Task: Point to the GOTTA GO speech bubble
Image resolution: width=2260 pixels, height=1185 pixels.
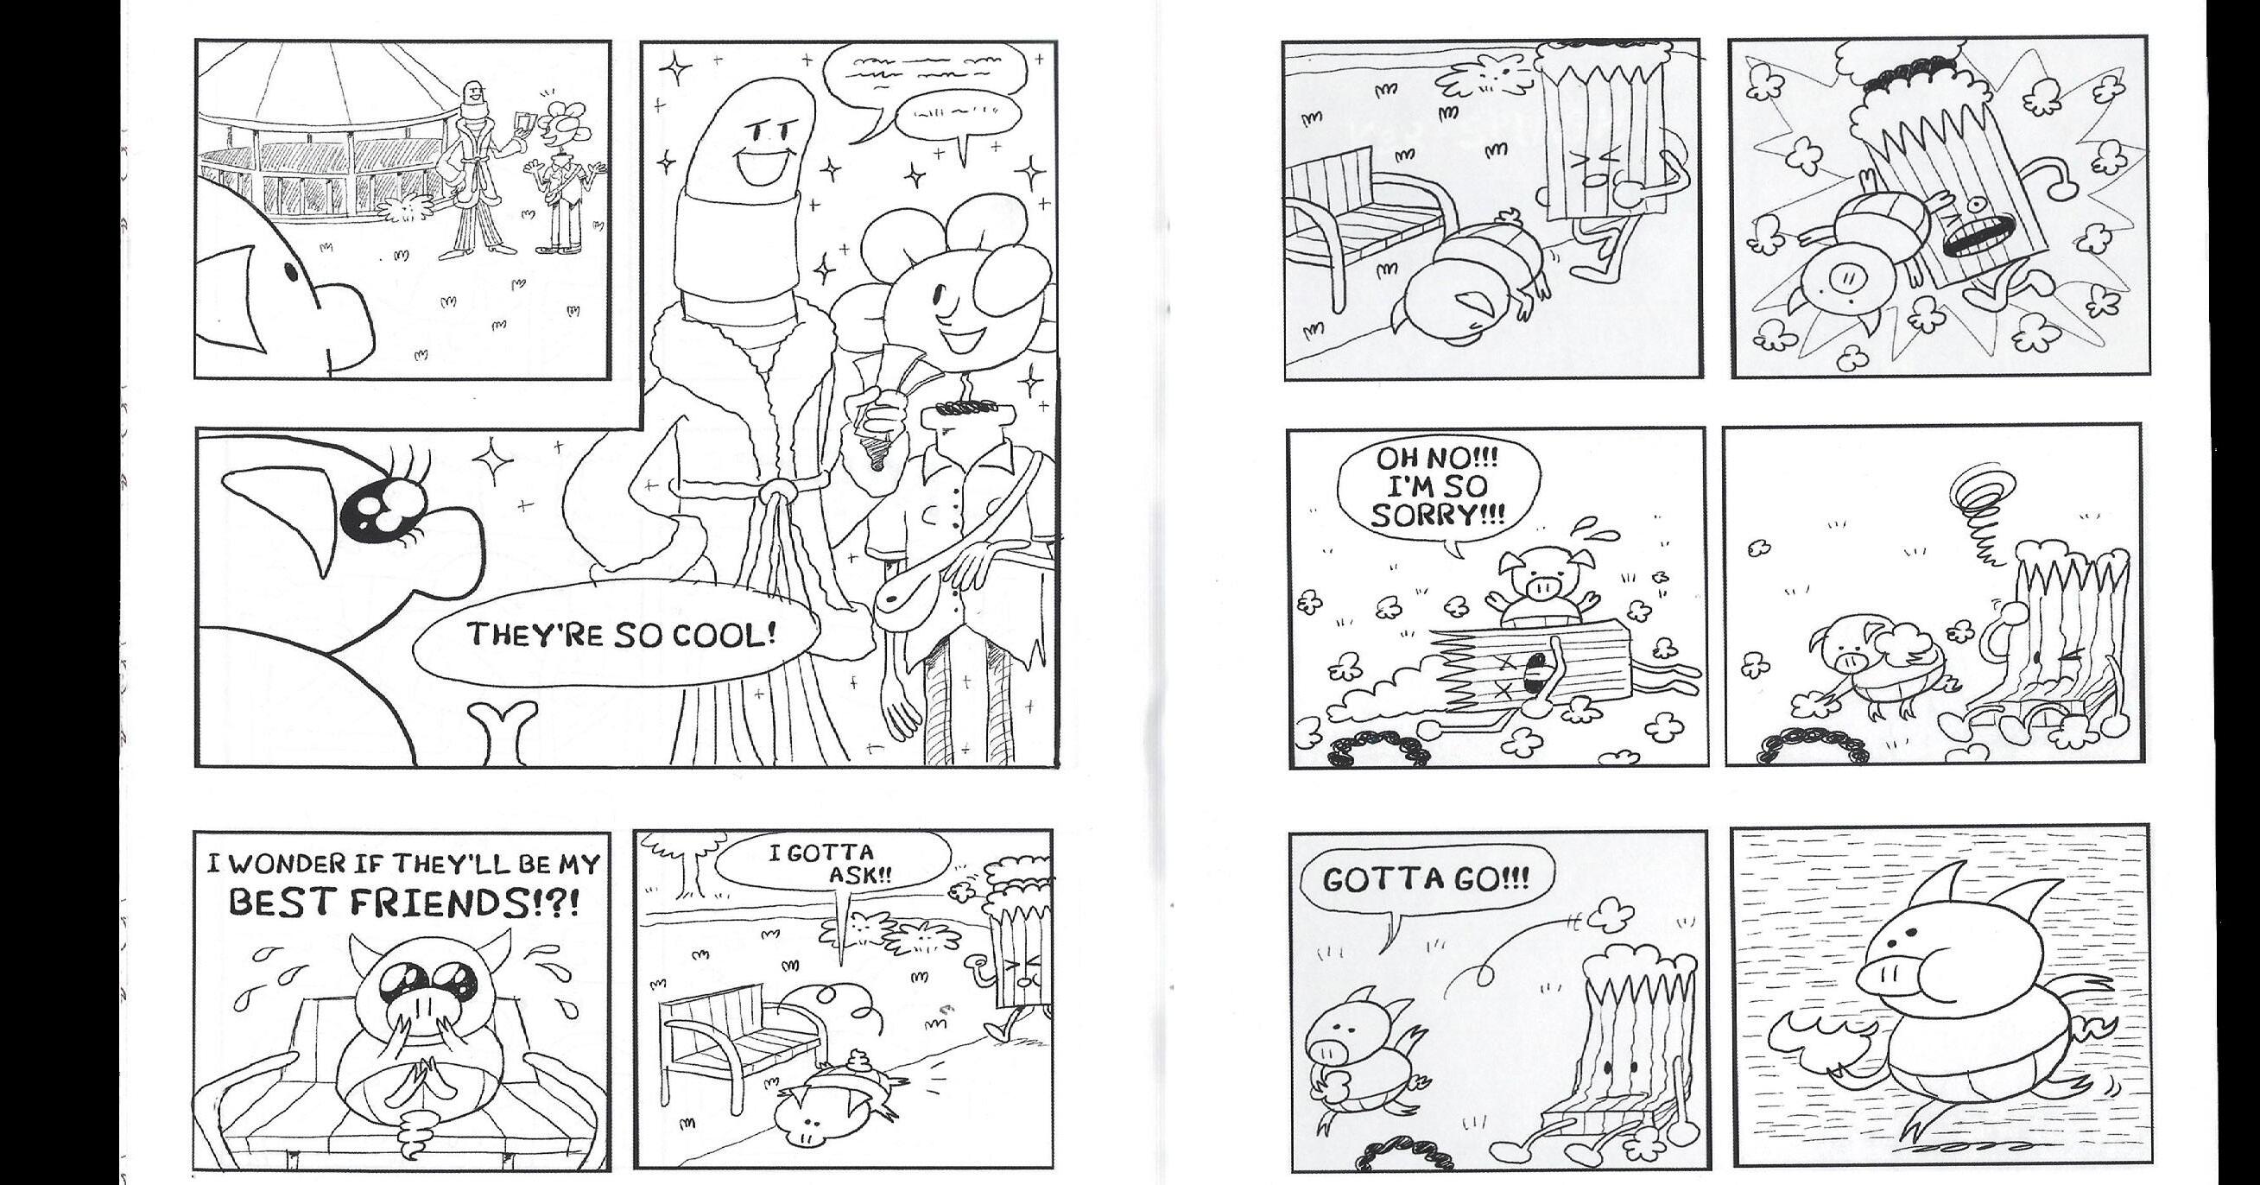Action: [1425, 880]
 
